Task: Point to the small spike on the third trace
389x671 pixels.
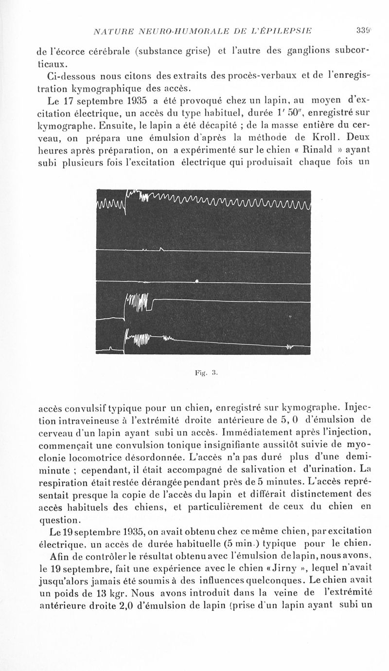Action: (196, 281)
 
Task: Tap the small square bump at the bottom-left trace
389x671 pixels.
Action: (111, 348)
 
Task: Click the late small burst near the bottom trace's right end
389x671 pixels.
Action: (290, 347)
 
